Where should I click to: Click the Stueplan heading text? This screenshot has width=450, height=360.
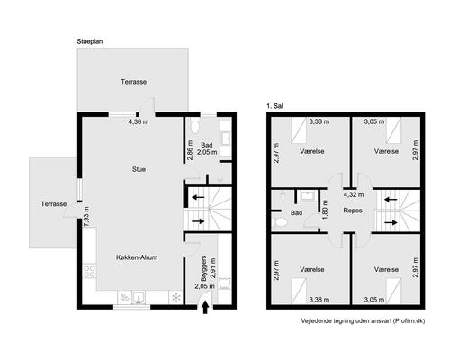point(90,41)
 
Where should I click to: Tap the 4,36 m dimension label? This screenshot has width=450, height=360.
point(139,122)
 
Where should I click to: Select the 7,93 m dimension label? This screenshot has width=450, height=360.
point(86,217)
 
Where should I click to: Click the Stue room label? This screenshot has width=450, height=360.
point(139,169)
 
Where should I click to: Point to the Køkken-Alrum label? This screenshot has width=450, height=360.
point(137,257)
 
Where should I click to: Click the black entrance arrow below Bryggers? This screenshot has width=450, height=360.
point(205,308)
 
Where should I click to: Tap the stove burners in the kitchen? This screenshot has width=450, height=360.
point(90,272)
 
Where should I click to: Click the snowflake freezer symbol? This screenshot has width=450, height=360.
point(176,297)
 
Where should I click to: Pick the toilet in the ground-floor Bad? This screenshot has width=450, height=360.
point(194,126)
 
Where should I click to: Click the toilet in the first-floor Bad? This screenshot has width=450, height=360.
point(280,222)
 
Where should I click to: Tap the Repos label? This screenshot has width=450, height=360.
point(353,211)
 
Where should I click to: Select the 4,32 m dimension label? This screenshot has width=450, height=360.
point(354,194)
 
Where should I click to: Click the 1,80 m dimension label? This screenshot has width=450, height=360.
point(324,210)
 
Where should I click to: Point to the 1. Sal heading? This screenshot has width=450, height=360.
point(274,106)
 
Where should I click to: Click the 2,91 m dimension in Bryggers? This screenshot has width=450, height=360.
point(213,268)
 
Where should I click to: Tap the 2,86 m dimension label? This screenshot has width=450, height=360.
point(190,150)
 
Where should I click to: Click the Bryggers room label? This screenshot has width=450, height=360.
point(204,268)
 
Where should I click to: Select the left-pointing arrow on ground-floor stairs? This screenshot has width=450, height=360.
point(198,197)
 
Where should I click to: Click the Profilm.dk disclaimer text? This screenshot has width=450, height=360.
point(363,321)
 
